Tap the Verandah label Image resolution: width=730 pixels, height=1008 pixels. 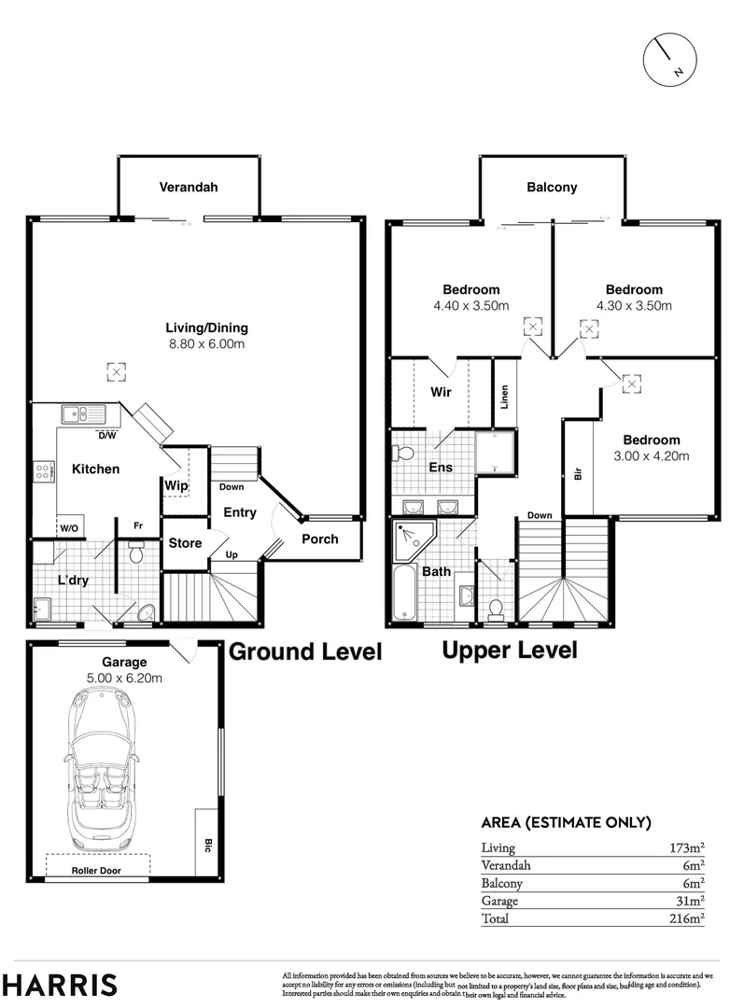[x=188, y=187]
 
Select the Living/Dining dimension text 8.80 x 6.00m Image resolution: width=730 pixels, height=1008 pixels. [x=205, y=344]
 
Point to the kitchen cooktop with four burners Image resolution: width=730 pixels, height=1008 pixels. [x=44, y=471]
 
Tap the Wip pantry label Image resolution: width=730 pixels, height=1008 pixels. [x=175, y=485]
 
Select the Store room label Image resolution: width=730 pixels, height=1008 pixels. [x=184, y=542]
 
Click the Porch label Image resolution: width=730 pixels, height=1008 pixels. [x=319, y=539]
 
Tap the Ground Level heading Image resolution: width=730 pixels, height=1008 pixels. [x=306, y=651]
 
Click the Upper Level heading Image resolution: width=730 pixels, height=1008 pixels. [x=509, y=650]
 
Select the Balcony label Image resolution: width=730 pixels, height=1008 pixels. [x=552, y=187]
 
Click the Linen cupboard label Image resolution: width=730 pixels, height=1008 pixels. [x=504, y=396]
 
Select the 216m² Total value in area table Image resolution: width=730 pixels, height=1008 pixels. [x=685, y=919]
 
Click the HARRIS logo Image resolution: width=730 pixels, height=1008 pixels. [x=60, y=985]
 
